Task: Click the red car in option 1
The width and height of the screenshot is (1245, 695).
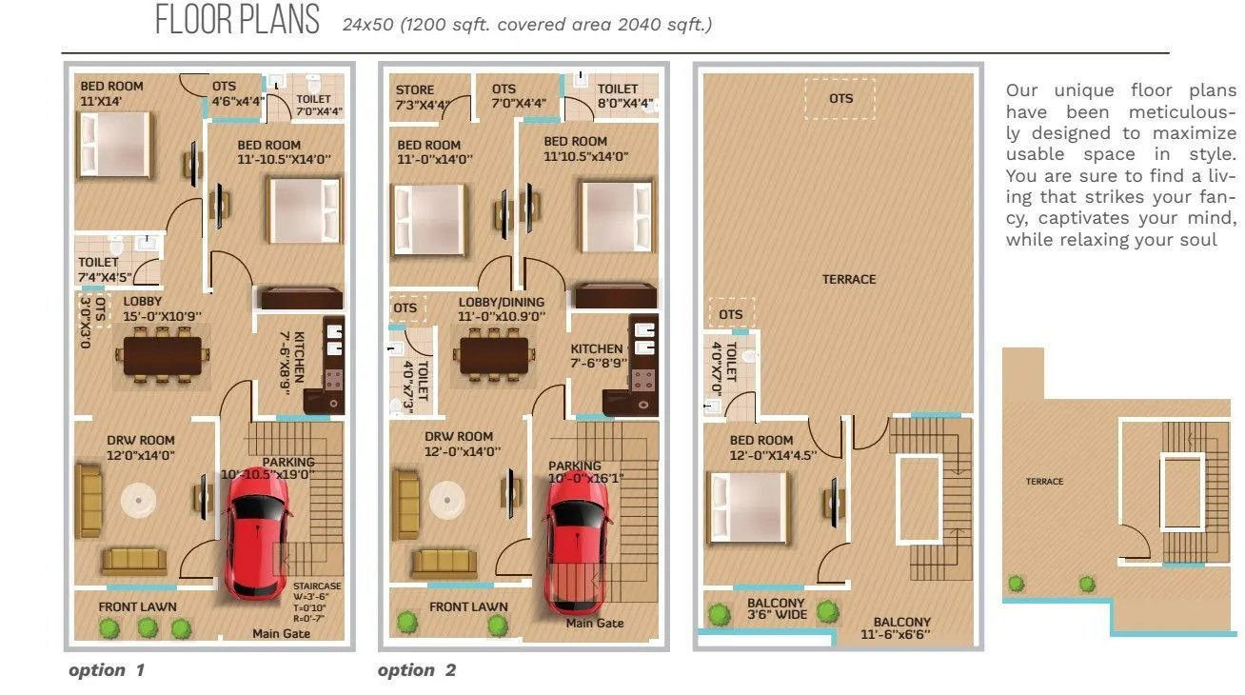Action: coord(256,536)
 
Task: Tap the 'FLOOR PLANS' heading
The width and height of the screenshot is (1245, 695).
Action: coord(238,21)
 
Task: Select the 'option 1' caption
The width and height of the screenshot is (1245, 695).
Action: coord(107,670)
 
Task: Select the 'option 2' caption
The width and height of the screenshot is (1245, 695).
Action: coord(417,670)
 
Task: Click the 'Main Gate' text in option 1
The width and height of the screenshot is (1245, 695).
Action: coord(281,633)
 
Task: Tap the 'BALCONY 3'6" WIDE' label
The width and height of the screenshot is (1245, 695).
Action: coord(776,608)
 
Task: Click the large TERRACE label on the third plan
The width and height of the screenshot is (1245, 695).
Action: coord(849,279)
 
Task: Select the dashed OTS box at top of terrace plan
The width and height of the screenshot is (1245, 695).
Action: coord(840,99)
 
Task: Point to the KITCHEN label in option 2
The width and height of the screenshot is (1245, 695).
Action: coord(597,355)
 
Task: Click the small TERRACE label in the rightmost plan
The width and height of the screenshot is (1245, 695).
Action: coord(1044,482)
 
